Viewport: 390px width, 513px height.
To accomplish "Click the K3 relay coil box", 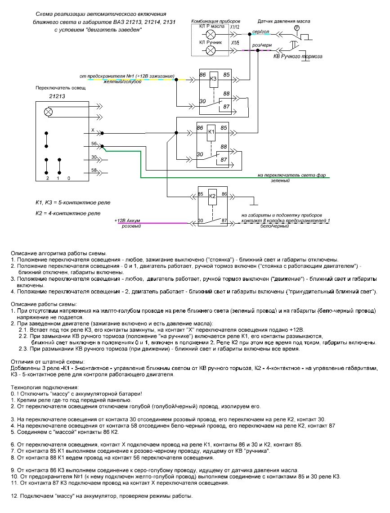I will [x=214, y=79].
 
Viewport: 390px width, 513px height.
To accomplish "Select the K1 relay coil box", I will [x=211, y=133].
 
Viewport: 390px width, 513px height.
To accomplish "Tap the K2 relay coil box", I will [x=213, y=197].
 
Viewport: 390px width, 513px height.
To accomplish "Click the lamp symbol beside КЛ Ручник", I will [x=210, y=51].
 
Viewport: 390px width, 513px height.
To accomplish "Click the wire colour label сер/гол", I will [x=260, y=31].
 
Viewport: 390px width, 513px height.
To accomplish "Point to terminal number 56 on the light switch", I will [x=94, y=144].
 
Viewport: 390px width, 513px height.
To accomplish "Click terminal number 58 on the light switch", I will [x=94, y=170].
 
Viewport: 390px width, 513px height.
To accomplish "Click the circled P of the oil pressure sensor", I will [x=296, y=27].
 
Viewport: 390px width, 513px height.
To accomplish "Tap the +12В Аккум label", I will [x=128, y=220].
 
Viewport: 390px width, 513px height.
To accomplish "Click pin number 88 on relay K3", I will [x=225, y=94].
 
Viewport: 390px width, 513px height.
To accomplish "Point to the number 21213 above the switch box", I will [x=56, y=96].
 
